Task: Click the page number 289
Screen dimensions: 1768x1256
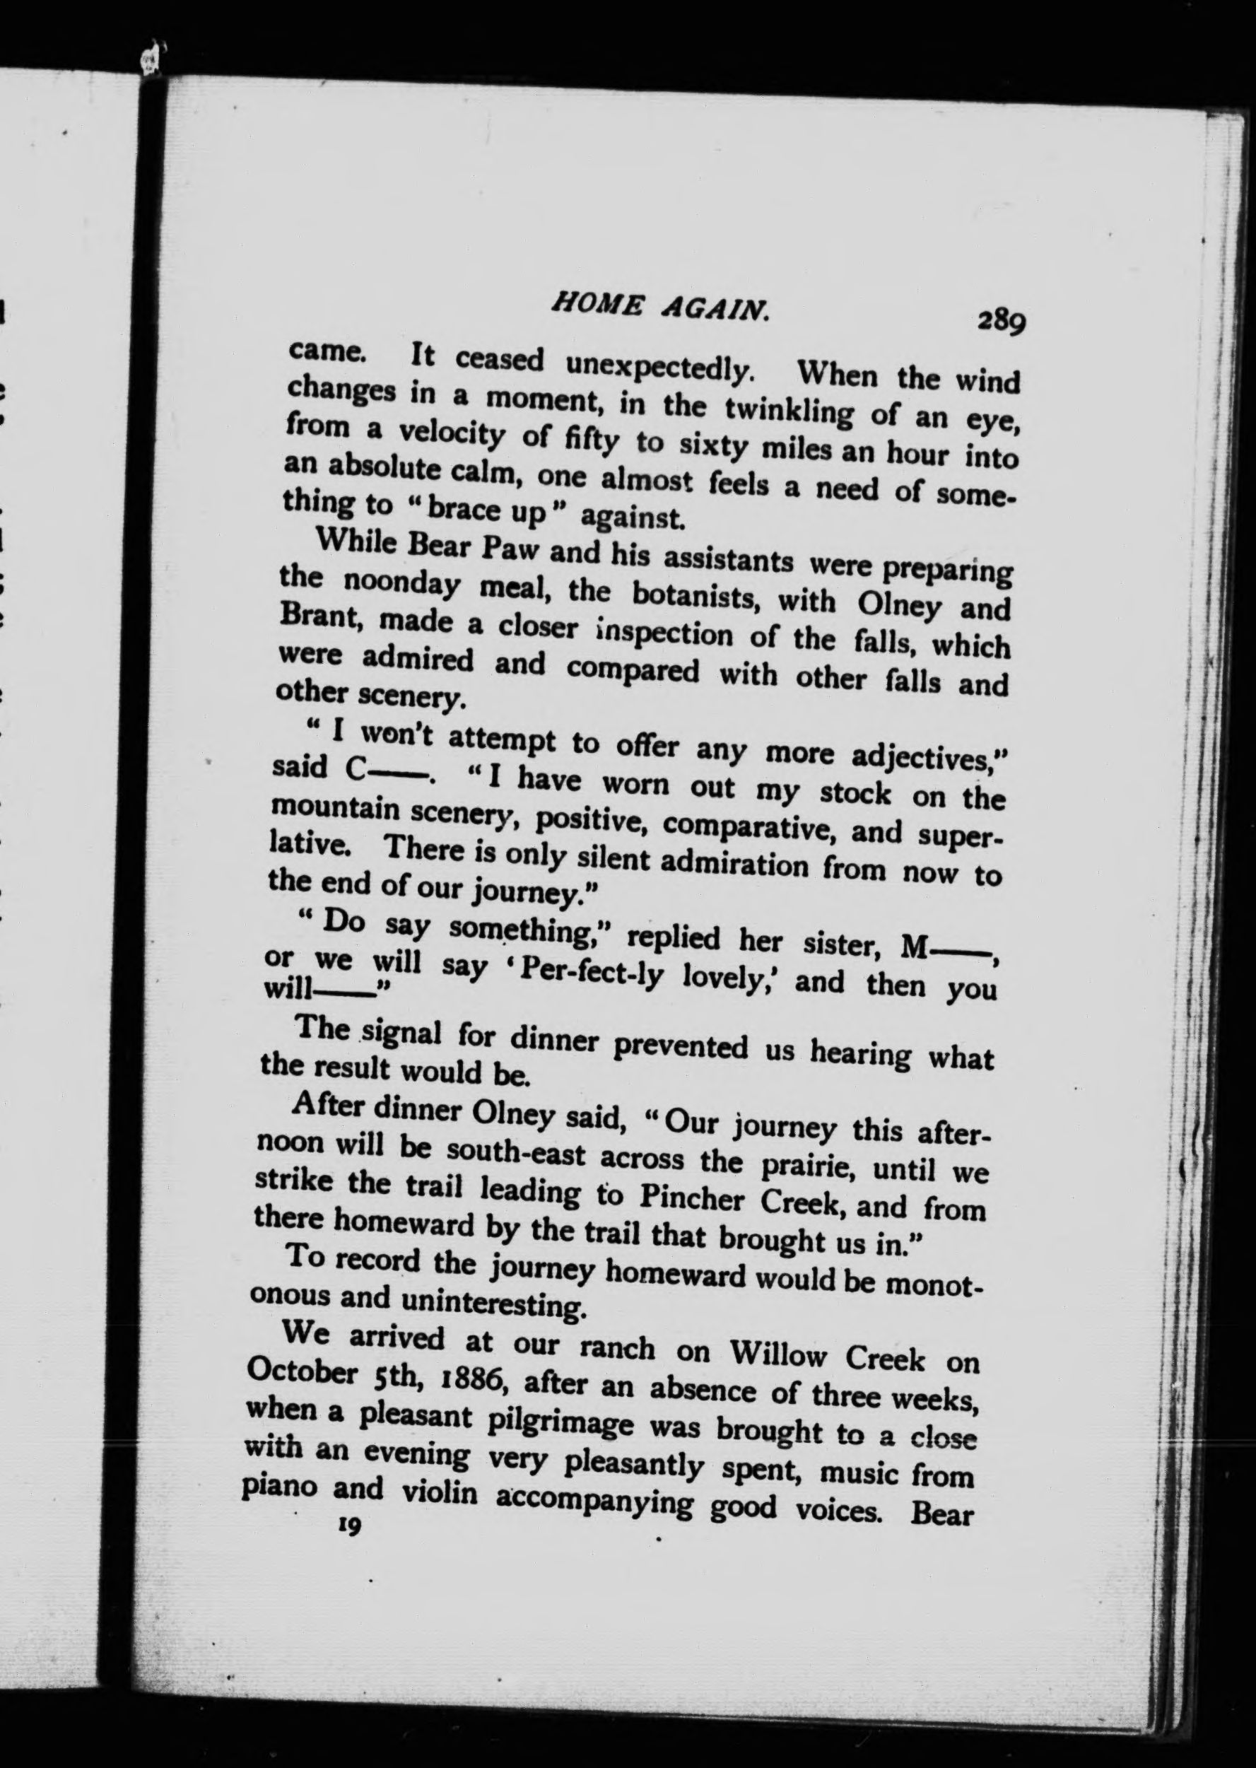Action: pyautogui.click(x=1001, y=320)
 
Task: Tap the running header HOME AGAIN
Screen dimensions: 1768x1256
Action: pyautogui.click(x=659, y=307)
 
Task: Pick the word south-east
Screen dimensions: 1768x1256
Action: pyautogui.click(x=508, y=1156)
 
